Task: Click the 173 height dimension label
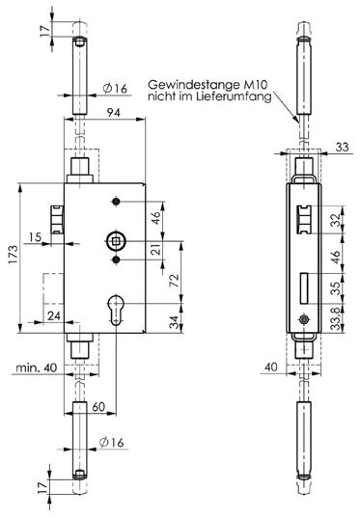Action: [14, 254]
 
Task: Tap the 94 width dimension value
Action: [113, 113]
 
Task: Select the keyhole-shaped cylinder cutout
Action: [116, 310]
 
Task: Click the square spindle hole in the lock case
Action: [116, 241]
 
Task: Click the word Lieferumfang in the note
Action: [234, 96]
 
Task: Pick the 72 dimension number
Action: [175, 280]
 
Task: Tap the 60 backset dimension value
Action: [98, 407]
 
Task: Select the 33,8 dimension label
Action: [337, 317]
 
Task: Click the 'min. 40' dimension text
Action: [37, 368]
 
